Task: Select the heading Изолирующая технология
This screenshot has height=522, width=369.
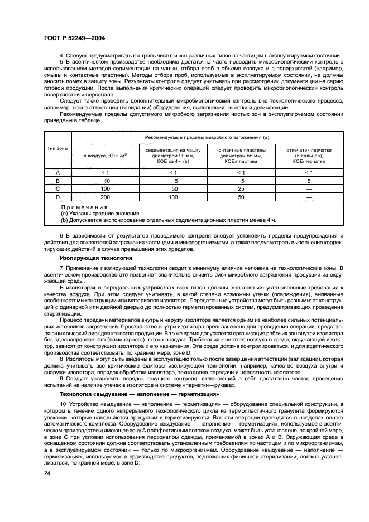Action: click(96, 258)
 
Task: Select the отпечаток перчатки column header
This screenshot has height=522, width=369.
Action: click(309, 154)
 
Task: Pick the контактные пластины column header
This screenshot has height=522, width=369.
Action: click(241, 154)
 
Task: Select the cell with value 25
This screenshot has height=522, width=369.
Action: click(241, 189)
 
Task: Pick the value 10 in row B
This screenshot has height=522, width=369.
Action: click(106, 181)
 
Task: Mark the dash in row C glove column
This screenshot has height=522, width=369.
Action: click(309, 189)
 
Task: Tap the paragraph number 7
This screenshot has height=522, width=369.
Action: click(62, 269)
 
